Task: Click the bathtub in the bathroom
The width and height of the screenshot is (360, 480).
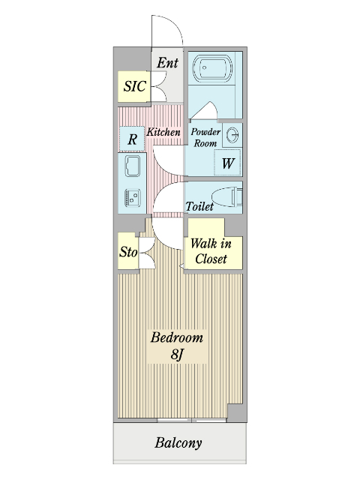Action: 212,68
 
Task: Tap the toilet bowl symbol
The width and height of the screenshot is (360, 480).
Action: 226,196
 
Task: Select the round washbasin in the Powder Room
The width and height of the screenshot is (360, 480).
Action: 233,135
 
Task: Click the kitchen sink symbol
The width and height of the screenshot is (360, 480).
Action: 133,166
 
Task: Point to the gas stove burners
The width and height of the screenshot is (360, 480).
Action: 133,197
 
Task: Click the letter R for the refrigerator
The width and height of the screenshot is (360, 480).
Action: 132,139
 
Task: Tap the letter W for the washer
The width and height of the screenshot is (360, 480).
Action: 228,163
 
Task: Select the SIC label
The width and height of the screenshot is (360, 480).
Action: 134,86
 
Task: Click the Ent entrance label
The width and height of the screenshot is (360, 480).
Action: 167,63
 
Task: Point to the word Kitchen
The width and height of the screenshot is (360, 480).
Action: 163,132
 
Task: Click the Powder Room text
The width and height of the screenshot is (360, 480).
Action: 205,137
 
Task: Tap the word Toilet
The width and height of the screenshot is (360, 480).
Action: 199,206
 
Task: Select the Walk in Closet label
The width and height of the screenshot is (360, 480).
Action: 211,251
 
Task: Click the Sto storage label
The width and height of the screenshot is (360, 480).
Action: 128,252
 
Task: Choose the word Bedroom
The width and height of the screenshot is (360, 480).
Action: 177,337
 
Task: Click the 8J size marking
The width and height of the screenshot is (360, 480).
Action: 177,355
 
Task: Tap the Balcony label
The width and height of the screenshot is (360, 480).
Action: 178,443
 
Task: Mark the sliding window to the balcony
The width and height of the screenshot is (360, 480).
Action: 192,420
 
